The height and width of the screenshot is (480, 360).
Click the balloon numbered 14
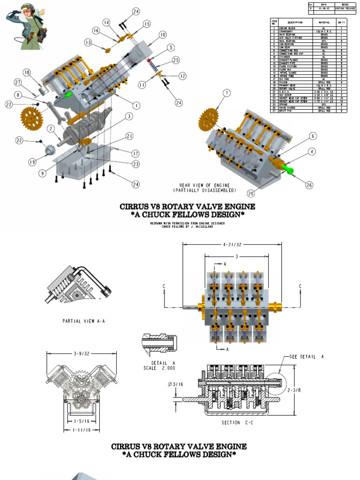click(x=106, y=22)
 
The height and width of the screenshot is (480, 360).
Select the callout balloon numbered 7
click(x=227, y=93)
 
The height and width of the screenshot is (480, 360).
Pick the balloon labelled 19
click(x=32, y=162)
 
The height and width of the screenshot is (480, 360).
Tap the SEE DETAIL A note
click(x=307, y=356)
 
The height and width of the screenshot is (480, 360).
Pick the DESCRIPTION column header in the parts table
click(x=295, y=22)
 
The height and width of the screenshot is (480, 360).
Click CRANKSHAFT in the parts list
click(x=287, y=31)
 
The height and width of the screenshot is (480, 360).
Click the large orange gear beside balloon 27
click(x=31, y=118)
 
